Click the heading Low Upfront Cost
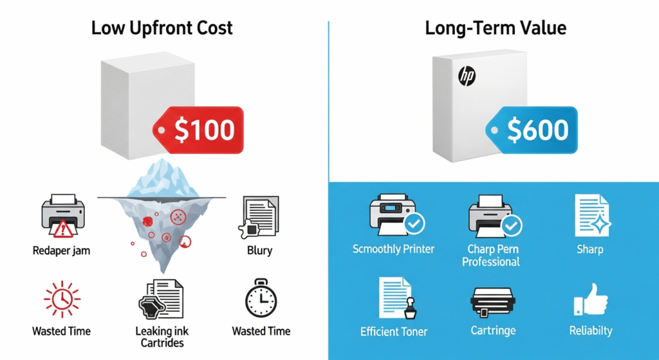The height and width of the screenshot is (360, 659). [162, 28]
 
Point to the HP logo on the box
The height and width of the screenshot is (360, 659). [467, 76]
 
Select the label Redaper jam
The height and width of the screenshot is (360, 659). [61, 251]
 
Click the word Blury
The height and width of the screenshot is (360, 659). [259, 251]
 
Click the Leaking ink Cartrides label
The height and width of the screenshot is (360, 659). [162, 337]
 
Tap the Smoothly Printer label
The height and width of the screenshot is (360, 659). [393, 249]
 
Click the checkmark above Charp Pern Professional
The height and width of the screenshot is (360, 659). [512, 225]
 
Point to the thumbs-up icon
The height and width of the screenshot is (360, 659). [591, 300]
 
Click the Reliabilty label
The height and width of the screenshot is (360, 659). [591, 331]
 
